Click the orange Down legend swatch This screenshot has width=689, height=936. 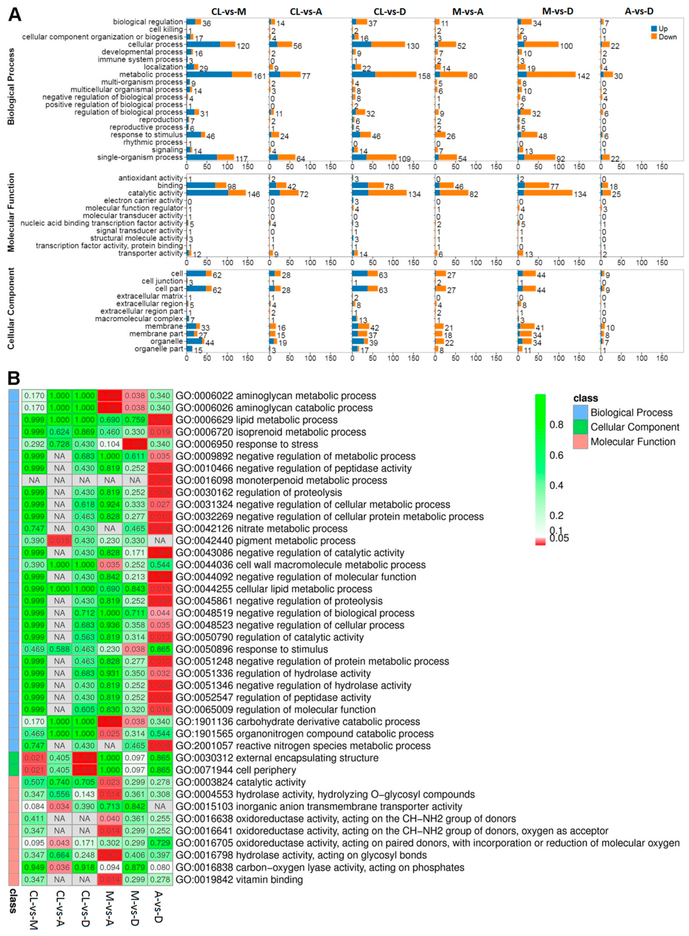pos(654,37)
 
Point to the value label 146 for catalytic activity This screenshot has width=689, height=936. pos(254,194)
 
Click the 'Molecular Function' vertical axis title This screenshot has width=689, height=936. pos(11,213)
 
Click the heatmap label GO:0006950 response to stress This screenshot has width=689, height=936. pos(247,444)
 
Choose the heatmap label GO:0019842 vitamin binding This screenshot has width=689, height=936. pos(239,880)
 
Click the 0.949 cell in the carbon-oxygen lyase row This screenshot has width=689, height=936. pos(34,868)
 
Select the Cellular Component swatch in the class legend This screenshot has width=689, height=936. pos(580,427)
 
